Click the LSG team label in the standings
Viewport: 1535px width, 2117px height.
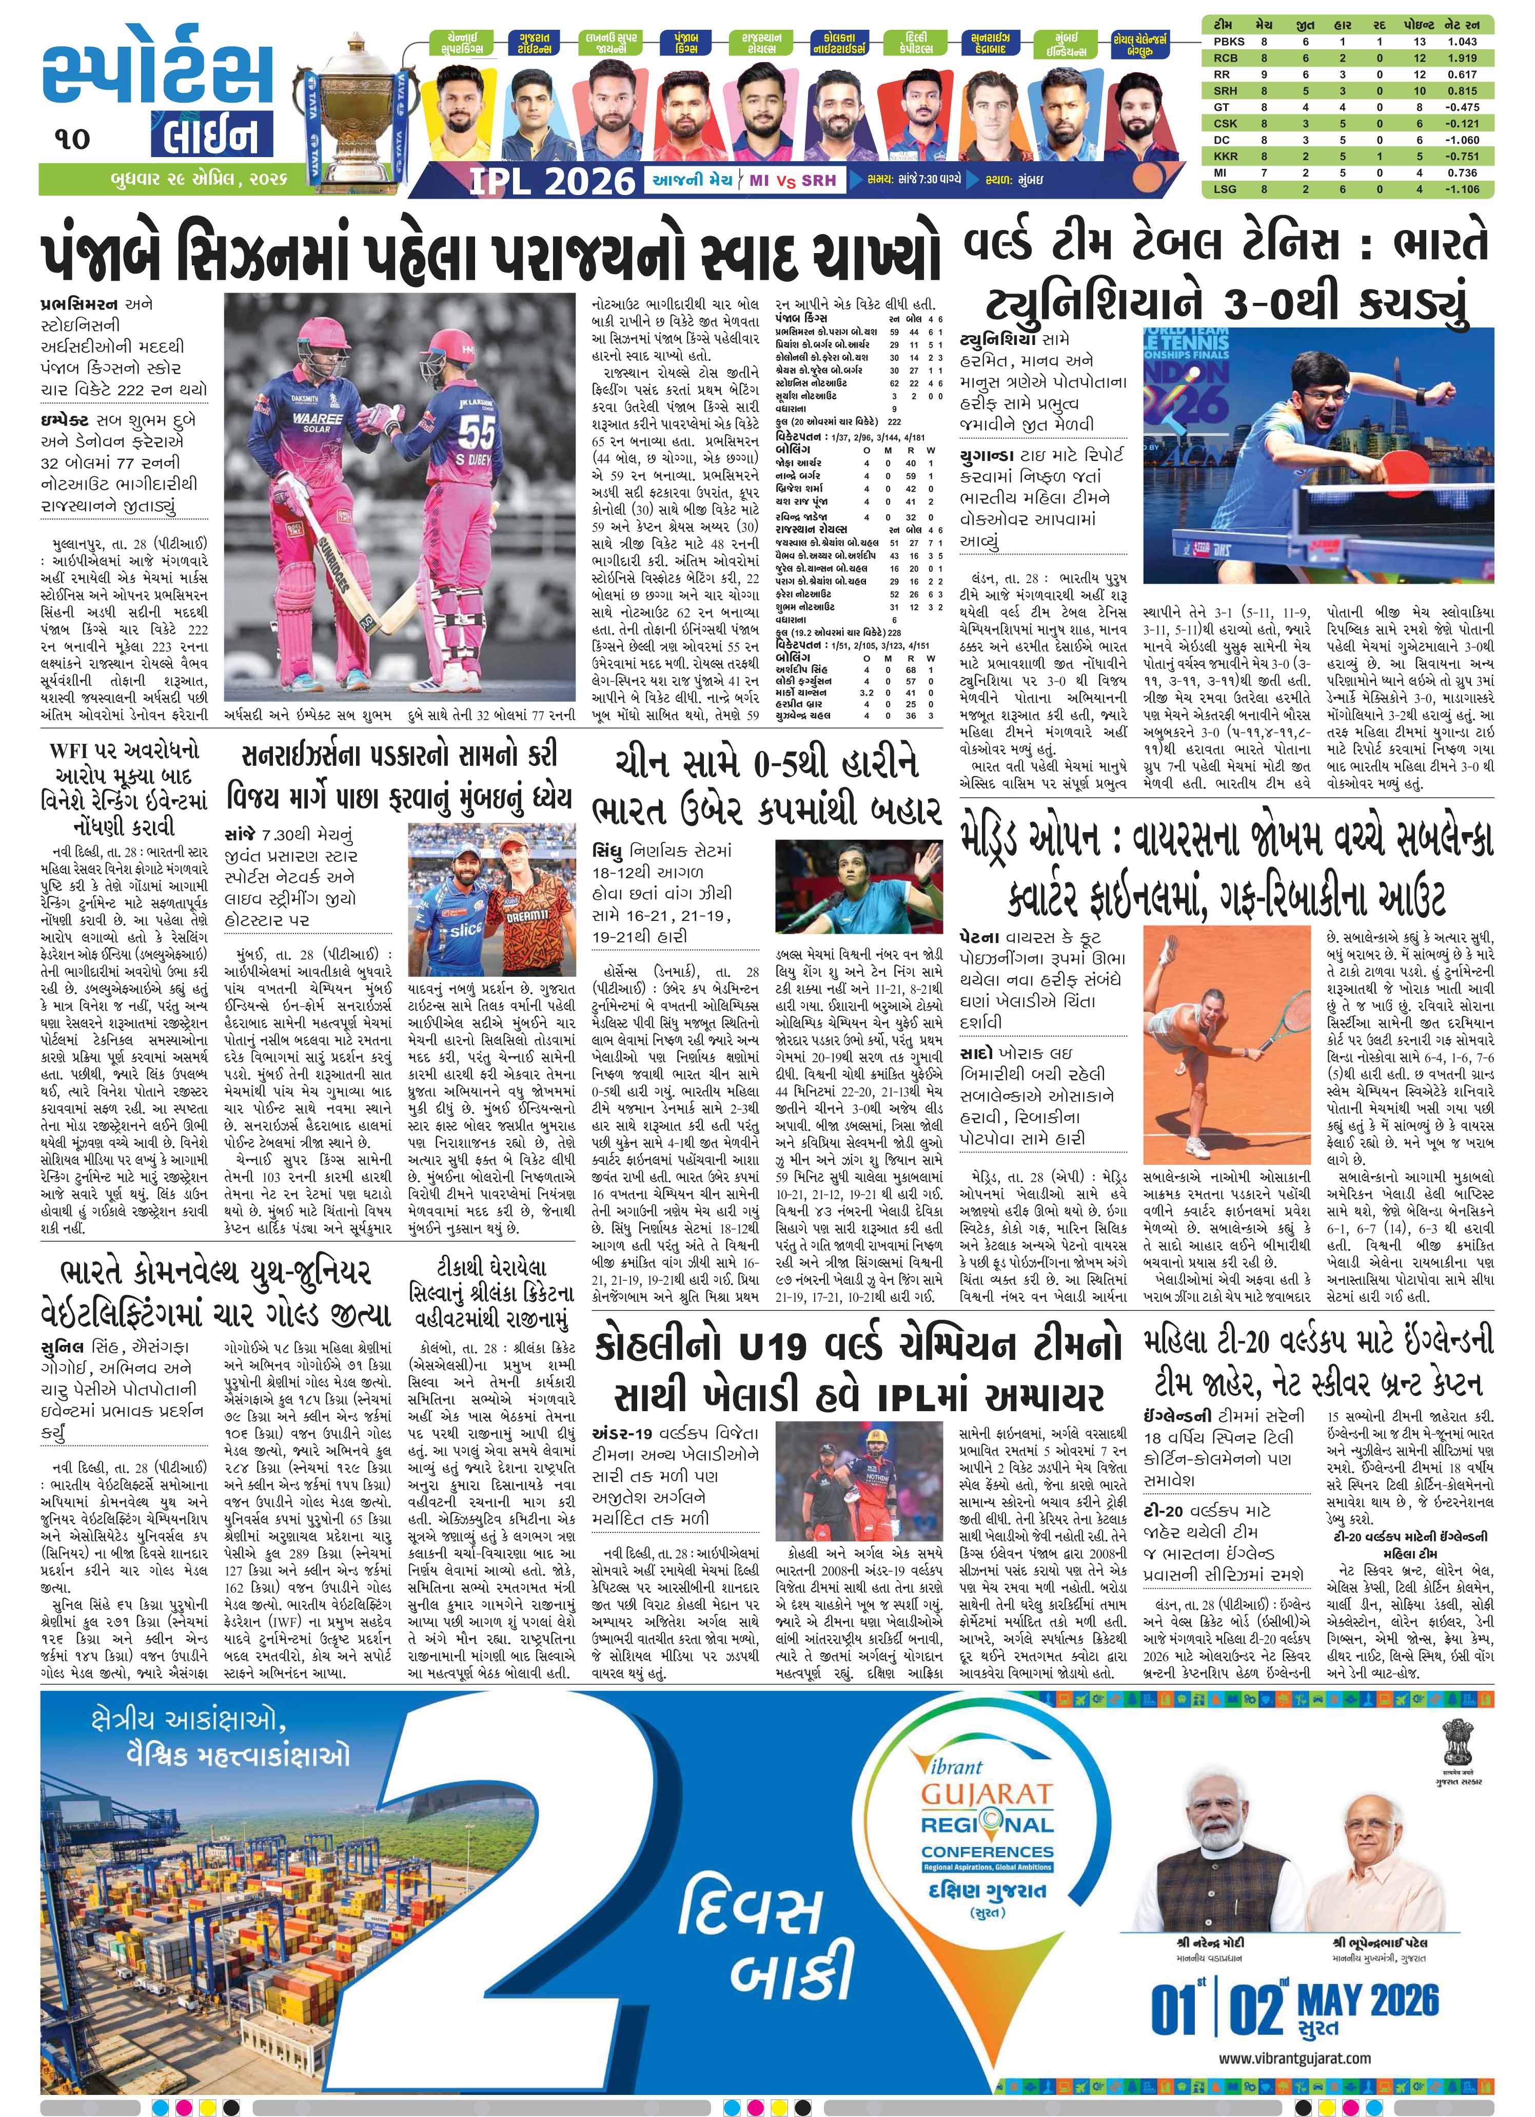click(x=1221, y=188)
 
